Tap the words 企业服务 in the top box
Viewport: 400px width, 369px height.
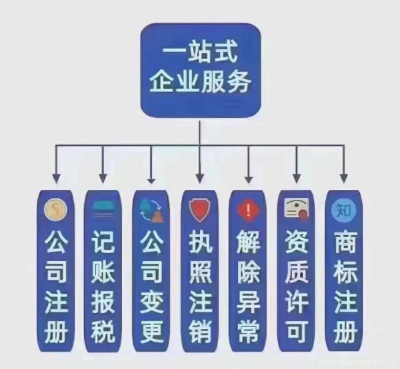(200, 83)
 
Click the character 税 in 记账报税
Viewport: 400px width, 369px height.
(103, 331)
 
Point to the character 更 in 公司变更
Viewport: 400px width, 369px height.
(151, 331)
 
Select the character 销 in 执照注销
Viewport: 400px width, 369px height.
(199, 331)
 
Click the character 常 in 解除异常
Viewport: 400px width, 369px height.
(247, 331)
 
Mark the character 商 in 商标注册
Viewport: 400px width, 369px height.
(343, 240)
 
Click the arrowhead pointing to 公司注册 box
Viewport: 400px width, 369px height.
(56, 179)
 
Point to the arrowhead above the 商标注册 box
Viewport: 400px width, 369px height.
(344, 179)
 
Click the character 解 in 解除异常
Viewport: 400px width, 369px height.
(247, 240)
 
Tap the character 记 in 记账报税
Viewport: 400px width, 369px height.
(103, 240)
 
